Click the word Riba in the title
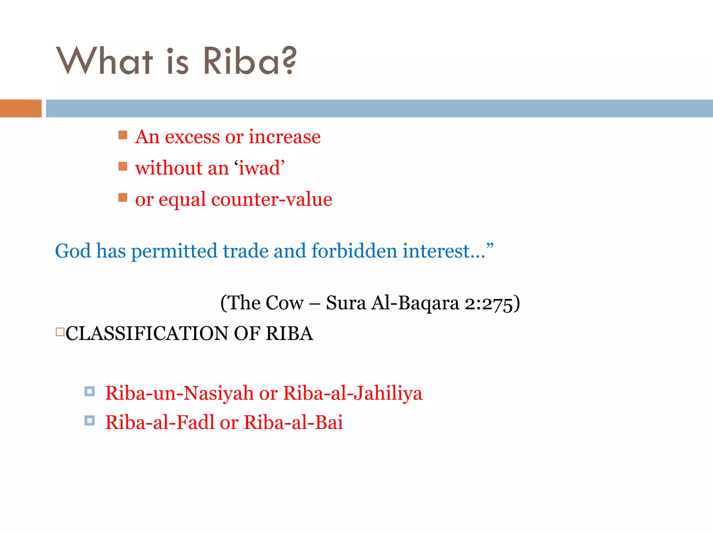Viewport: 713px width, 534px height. coord(241,61)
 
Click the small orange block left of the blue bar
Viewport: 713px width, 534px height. coord(21,108)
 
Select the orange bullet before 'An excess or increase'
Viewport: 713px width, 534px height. coord(123,135)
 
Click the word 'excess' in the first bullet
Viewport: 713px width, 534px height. coord(192,137)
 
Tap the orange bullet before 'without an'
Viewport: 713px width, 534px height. coord(123,166)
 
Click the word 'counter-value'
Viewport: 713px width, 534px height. coord(272,200)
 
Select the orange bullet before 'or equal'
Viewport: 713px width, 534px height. coord(123,197)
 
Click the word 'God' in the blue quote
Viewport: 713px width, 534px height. coord(73,251)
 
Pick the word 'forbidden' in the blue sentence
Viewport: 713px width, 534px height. coord(354,251)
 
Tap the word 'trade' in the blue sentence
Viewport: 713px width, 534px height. coord(245,251)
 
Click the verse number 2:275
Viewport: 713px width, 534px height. coord(489,303)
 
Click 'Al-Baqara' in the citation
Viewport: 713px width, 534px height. coord(415,303)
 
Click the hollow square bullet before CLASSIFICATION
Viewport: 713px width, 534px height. coord(60,332)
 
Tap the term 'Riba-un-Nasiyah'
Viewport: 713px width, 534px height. coord(179,394)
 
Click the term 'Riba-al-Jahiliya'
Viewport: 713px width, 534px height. coord(352,394)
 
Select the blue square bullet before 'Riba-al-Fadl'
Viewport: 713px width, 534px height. coord(89,421)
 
